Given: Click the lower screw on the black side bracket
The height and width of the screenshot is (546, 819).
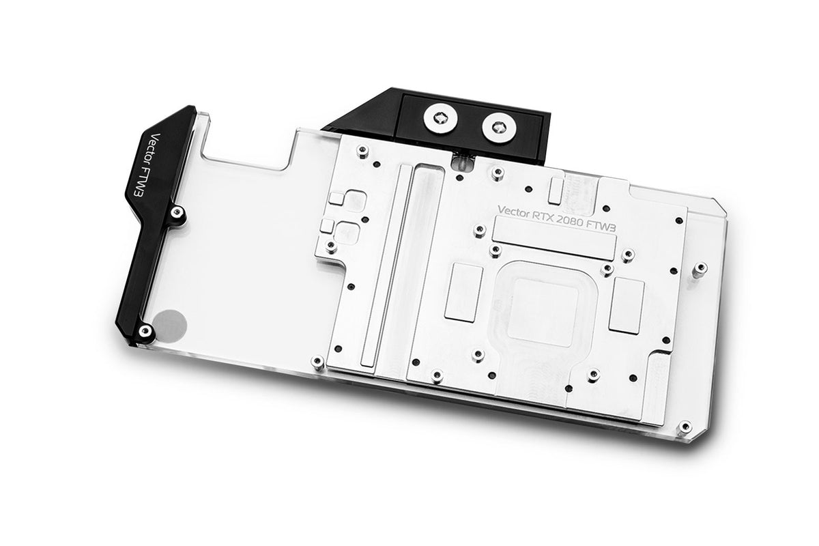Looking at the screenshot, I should [144, 331].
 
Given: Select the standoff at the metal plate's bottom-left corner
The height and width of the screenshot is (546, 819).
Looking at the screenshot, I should [316, 361].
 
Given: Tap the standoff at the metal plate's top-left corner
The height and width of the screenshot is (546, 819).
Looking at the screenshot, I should [362, 150].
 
